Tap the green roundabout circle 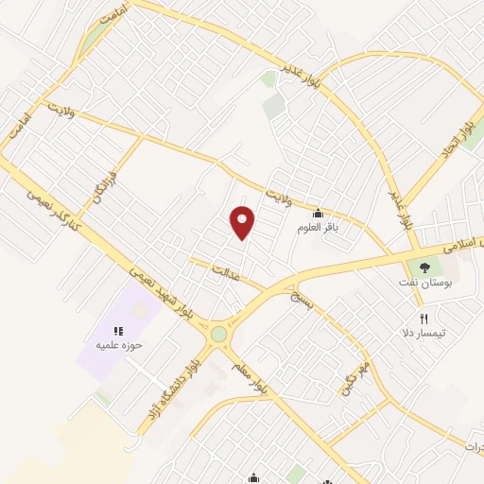pos(219,334)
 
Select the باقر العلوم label pos(318,228)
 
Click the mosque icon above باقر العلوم pos(317,213)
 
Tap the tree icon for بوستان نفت pos(423,268)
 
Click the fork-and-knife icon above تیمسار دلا pos(424,320)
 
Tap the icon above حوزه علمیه pos(119,331)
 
